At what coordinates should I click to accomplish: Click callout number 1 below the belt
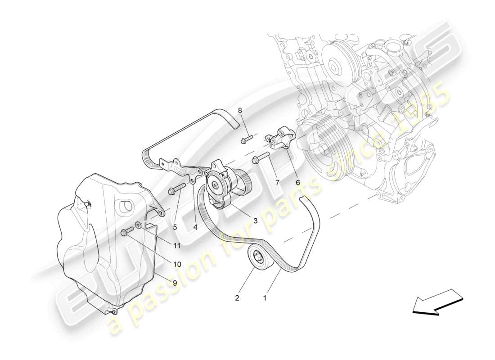click(x=265, y=297)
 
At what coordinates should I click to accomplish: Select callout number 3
click(x=255, y=220)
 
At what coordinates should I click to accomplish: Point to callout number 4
click(x=195, y=227)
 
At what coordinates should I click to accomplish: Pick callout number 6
click(x=297, y=182)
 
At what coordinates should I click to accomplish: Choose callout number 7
click(x=277, y=182)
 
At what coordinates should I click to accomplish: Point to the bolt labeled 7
click(x=261, y=157)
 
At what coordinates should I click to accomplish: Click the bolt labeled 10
click(x=127, y=231)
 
